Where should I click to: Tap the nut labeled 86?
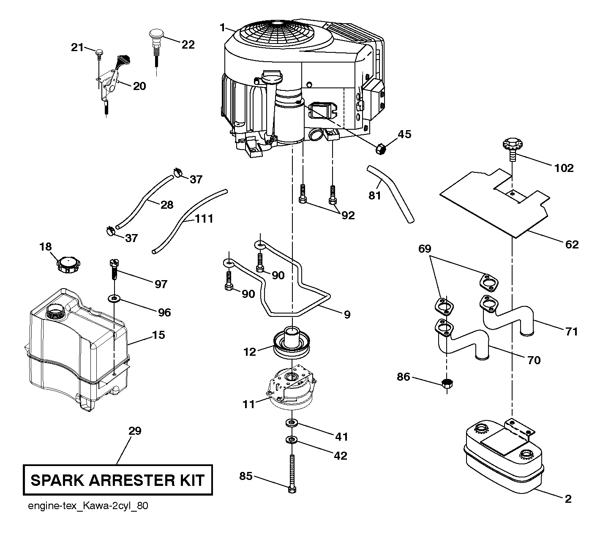[x=447, y=383]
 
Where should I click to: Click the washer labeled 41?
[x=292, y=423]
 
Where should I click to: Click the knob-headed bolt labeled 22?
[x=156, y=47]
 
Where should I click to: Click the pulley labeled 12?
[x=292, y=343]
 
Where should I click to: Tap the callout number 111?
[x=204, y=218]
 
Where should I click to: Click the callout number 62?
[x=572, y=244]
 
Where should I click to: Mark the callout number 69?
[x=425, y=249]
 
